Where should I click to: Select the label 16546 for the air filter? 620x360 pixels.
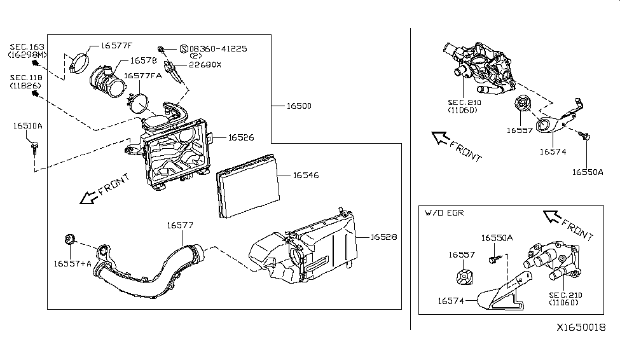tap(306, 174)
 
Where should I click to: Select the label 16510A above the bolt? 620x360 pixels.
tap(27, 126)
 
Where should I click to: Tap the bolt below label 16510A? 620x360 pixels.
tap(32, 148)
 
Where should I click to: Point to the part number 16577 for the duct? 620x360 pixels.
tap(181, 225)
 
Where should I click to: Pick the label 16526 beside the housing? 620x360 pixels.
tap(240, 137)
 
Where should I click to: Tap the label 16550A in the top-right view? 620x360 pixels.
tap(586, 172)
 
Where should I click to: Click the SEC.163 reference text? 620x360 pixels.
tap(27, 48)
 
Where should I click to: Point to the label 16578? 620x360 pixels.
tap(143, 61)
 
